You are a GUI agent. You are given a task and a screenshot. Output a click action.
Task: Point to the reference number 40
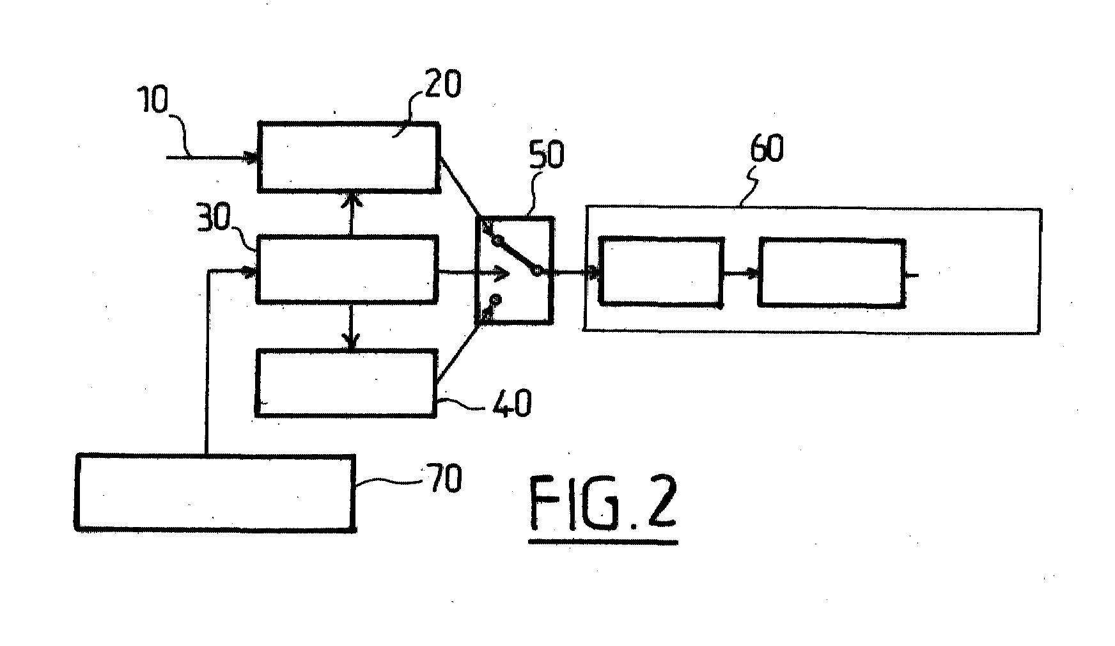coord(512,404)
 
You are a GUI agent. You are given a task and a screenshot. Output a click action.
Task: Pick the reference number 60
coord(766,148)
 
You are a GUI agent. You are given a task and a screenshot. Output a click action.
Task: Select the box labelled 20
coord(348,157)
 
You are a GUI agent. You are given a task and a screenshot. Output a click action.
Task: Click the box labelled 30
coord(347,269)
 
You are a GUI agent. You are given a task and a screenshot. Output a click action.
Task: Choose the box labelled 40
coord(346,383)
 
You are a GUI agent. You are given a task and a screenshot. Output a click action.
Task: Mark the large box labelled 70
coord(215,492)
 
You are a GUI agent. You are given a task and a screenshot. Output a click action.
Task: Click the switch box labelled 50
coord(515,270)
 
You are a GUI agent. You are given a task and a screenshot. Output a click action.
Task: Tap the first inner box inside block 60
coord(661,271)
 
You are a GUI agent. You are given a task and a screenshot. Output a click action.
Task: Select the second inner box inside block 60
coord(832,272)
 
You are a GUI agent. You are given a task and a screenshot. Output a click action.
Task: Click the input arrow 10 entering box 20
coord(212,157)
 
